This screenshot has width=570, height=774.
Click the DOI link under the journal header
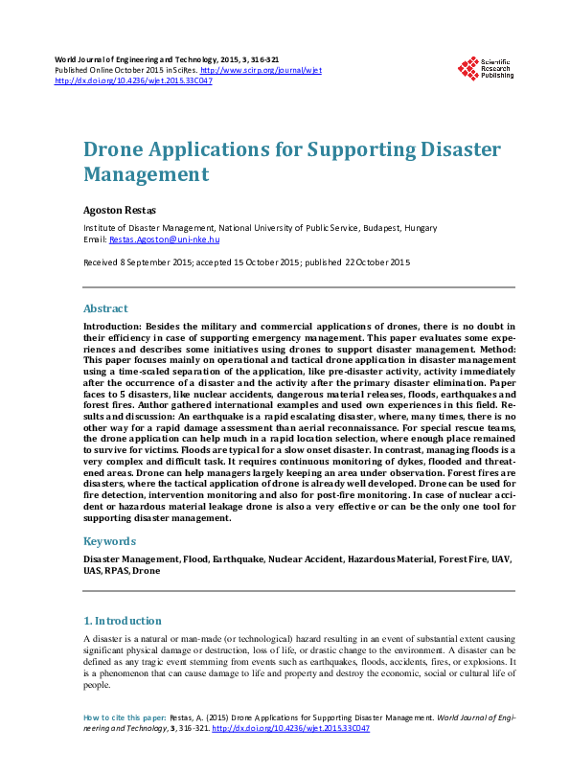click(x=134, y=80)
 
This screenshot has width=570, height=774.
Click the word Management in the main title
click(x=146, y=174)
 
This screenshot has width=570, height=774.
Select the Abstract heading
click(x=105, y=309)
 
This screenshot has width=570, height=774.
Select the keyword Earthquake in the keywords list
click(x=235, y=558)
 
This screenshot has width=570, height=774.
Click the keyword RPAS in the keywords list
click(x=116, y=570)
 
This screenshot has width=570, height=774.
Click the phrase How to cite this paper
click(x=125, y=717)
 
